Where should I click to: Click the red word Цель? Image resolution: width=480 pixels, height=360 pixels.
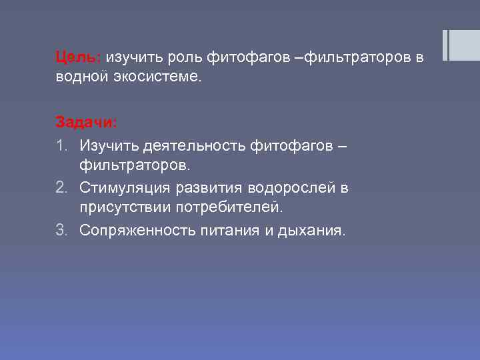tap(77, 58)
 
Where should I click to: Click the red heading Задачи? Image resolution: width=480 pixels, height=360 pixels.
tap(85, 123)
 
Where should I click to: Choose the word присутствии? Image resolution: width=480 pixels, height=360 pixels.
tap(125, 207)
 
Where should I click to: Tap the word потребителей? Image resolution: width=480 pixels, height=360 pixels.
tap(229, 207)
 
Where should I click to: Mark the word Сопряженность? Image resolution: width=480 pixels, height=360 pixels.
tap(138, 230)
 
